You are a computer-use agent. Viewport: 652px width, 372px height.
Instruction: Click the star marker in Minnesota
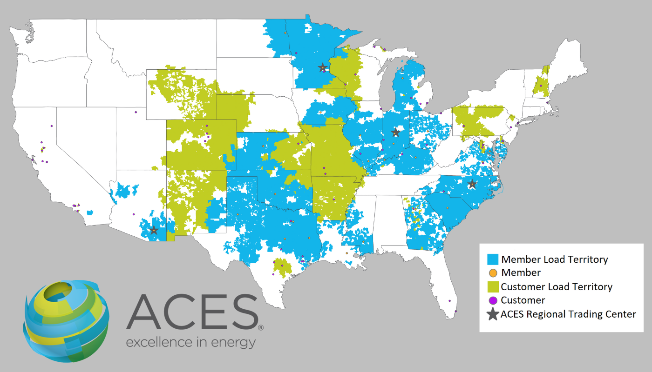tap(322, 68)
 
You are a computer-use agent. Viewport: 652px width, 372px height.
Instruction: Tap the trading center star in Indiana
tap(395, 132)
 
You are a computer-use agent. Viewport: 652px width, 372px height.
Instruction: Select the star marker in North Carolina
tap(472, 184)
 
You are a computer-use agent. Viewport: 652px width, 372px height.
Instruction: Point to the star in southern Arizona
tap(154, 230)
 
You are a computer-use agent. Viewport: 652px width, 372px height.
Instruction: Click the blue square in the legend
tap(493, 259)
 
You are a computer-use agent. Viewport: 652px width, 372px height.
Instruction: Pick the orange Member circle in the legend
tap(493, 272)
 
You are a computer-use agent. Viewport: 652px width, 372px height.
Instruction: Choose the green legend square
tap(493, 286)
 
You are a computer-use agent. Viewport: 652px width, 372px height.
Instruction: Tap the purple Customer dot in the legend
tap(493, 300)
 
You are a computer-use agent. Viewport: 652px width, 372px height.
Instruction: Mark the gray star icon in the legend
tap(492, 314)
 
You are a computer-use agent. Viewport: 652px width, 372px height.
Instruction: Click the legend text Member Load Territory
tap(554, 259)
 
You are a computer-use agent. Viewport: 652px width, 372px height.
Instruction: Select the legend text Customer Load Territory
tap(557, 286)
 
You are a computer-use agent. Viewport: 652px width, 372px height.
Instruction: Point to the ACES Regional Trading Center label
tap(568, 314)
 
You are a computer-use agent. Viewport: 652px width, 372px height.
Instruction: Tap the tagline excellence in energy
tap(191, 343)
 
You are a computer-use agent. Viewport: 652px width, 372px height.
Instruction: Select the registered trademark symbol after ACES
tap(260, 327)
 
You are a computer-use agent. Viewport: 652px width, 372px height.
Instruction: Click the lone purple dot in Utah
tap(136, 112)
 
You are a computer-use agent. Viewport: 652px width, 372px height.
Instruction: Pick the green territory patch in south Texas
tap(282, 267)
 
